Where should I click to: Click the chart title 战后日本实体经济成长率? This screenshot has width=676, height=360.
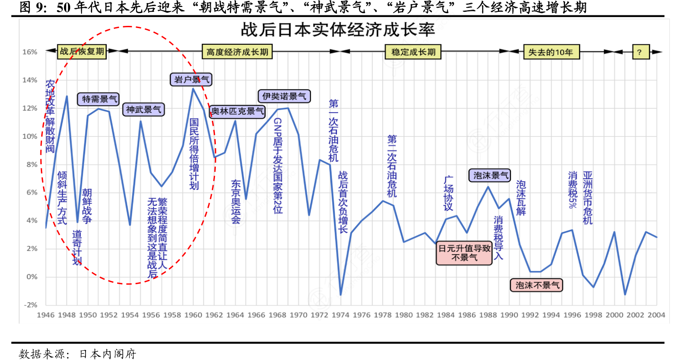pyautogui.click(x=338, y=30)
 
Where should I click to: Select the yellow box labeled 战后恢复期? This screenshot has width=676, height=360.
pyautogui.click(x=82, y=52)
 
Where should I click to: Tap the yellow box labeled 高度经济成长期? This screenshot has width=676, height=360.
pyautogui.click(x=237, y=52)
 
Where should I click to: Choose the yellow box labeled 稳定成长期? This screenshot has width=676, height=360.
pyautogui.click(x=413, y=52)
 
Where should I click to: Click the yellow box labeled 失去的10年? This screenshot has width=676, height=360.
pyautogui.click(x=551, y=52)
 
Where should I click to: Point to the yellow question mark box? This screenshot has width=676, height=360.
pyautogui.click(x=640, y=52)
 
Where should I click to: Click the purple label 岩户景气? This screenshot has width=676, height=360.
pyautogui.click(x=191, y=79)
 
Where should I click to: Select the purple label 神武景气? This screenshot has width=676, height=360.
pyautogui.click(x=143, y=110)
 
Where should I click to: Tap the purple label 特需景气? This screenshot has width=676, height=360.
pyautogui.click(x=99, y=99)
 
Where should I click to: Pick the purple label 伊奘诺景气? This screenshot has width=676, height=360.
pyautogui.click(x=284, y=96)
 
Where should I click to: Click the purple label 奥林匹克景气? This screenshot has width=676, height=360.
pyautogui.click(x=237, y=111)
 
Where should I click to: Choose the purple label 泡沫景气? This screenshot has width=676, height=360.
pyautogui.click(x=490, y=175)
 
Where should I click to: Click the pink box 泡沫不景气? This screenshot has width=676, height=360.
pyautogui.click(x=537, y=285)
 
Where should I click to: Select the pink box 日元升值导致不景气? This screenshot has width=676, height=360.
pyautogui.click(x=464, y=253)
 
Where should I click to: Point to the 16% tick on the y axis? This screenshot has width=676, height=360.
pyautogui.click(x=30, y=52)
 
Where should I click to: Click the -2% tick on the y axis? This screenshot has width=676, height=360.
pyautogui.click(x=30, y=305)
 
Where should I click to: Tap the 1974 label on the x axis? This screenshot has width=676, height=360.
pyautogui.click(x=340, y=315)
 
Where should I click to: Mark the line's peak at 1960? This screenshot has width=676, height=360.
pyautogui.click(x=193, y=89)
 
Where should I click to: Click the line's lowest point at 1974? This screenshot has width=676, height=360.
pyautogui.click(x=341, y=294)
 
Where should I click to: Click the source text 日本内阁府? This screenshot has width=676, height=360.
pyautogui.click(x=108, y=353)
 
